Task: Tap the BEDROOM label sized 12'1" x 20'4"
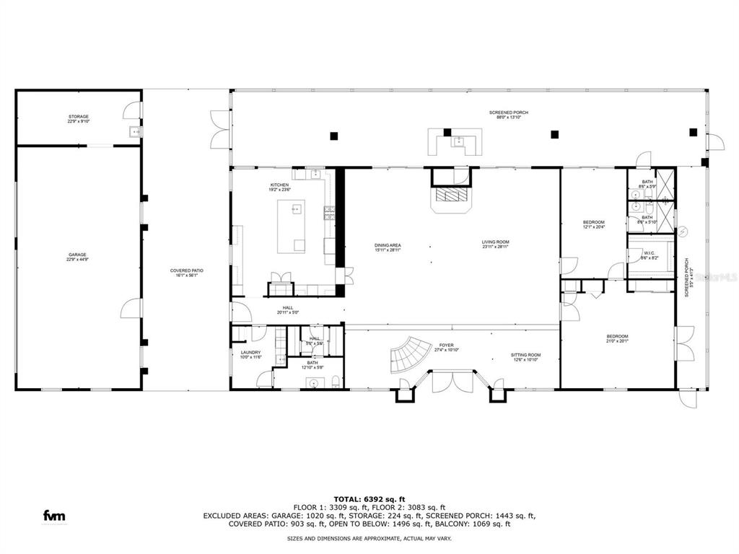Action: click(x=593, y=224)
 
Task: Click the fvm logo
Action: click(x=55, y=515)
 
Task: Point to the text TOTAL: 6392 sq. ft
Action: click(x=369, y=498)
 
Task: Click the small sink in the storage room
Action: click(x=134, y=132)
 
